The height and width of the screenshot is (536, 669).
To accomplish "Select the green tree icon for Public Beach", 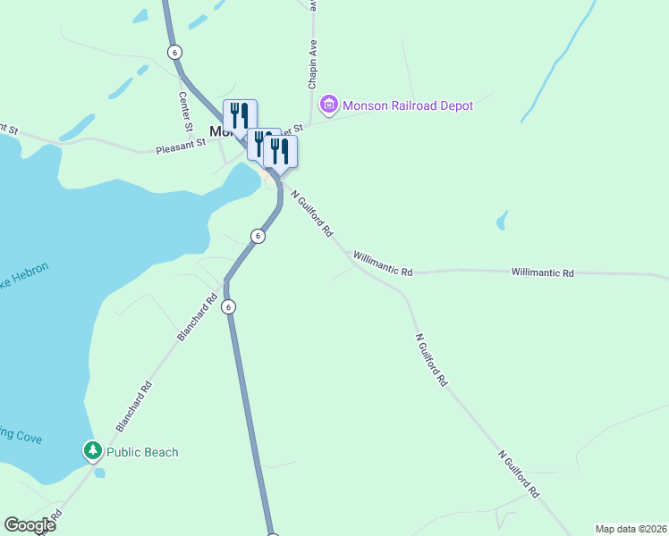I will pos(93,451).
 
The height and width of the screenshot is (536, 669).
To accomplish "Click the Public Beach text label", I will pos(142,452).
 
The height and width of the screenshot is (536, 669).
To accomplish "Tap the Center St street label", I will pos(186,109).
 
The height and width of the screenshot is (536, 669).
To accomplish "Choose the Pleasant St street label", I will pos(181,146).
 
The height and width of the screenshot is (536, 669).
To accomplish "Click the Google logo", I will pos(30,525).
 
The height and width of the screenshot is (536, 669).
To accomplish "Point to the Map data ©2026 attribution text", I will pos(631,528).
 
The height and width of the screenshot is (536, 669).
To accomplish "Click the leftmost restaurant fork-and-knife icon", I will pos(240,116).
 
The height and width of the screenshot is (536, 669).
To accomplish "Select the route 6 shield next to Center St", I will pos(174,52).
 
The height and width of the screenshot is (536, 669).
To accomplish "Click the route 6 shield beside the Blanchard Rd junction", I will pos(229,306).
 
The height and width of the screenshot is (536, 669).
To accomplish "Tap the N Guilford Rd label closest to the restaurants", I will pos(312,213).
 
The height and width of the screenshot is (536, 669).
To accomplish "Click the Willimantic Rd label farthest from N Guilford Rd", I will pos(542,272).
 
